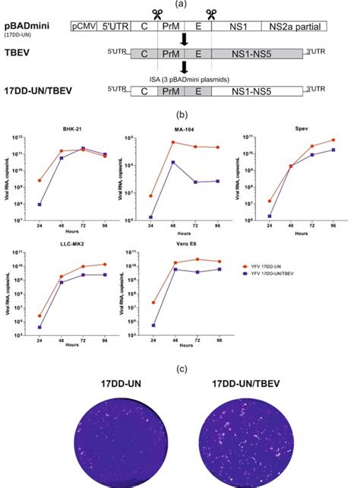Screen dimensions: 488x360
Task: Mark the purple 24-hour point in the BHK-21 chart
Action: tap(39, 204)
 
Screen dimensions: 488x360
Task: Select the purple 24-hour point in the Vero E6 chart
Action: tap(153, 325)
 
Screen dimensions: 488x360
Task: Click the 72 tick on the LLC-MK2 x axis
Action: tap(84, 339)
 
